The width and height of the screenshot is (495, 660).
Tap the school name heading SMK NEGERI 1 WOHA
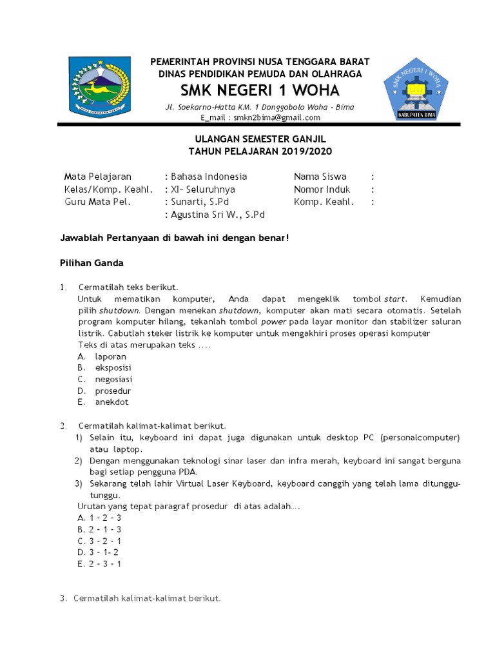click(260, 90)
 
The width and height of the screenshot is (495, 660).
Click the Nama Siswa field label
click(320, 176)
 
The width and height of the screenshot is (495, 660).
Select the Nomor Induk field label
click(322, 189)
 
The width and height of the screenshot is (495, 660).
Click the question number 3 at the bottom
click(63, 598)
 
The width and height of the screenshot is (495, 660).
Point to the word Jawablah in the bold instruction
click(81, 238)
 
